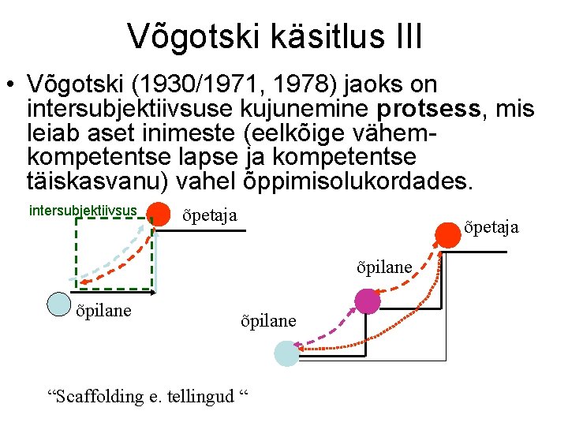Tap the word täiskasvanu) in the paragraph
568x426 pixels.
(97, 180)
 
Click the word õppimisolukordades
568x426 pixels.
(353, 180)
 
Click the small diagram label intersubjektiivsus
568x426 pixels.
(83, 211)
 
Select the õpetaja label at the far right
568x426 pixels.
(491, 227)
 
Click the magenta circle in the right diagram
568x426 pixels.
(367, 301)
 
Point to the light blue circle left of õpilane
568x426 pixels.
(59, 305)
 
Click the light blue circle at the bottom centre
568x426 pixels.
(286, 353)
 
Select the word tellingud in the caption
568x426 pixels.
(200, 397)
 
